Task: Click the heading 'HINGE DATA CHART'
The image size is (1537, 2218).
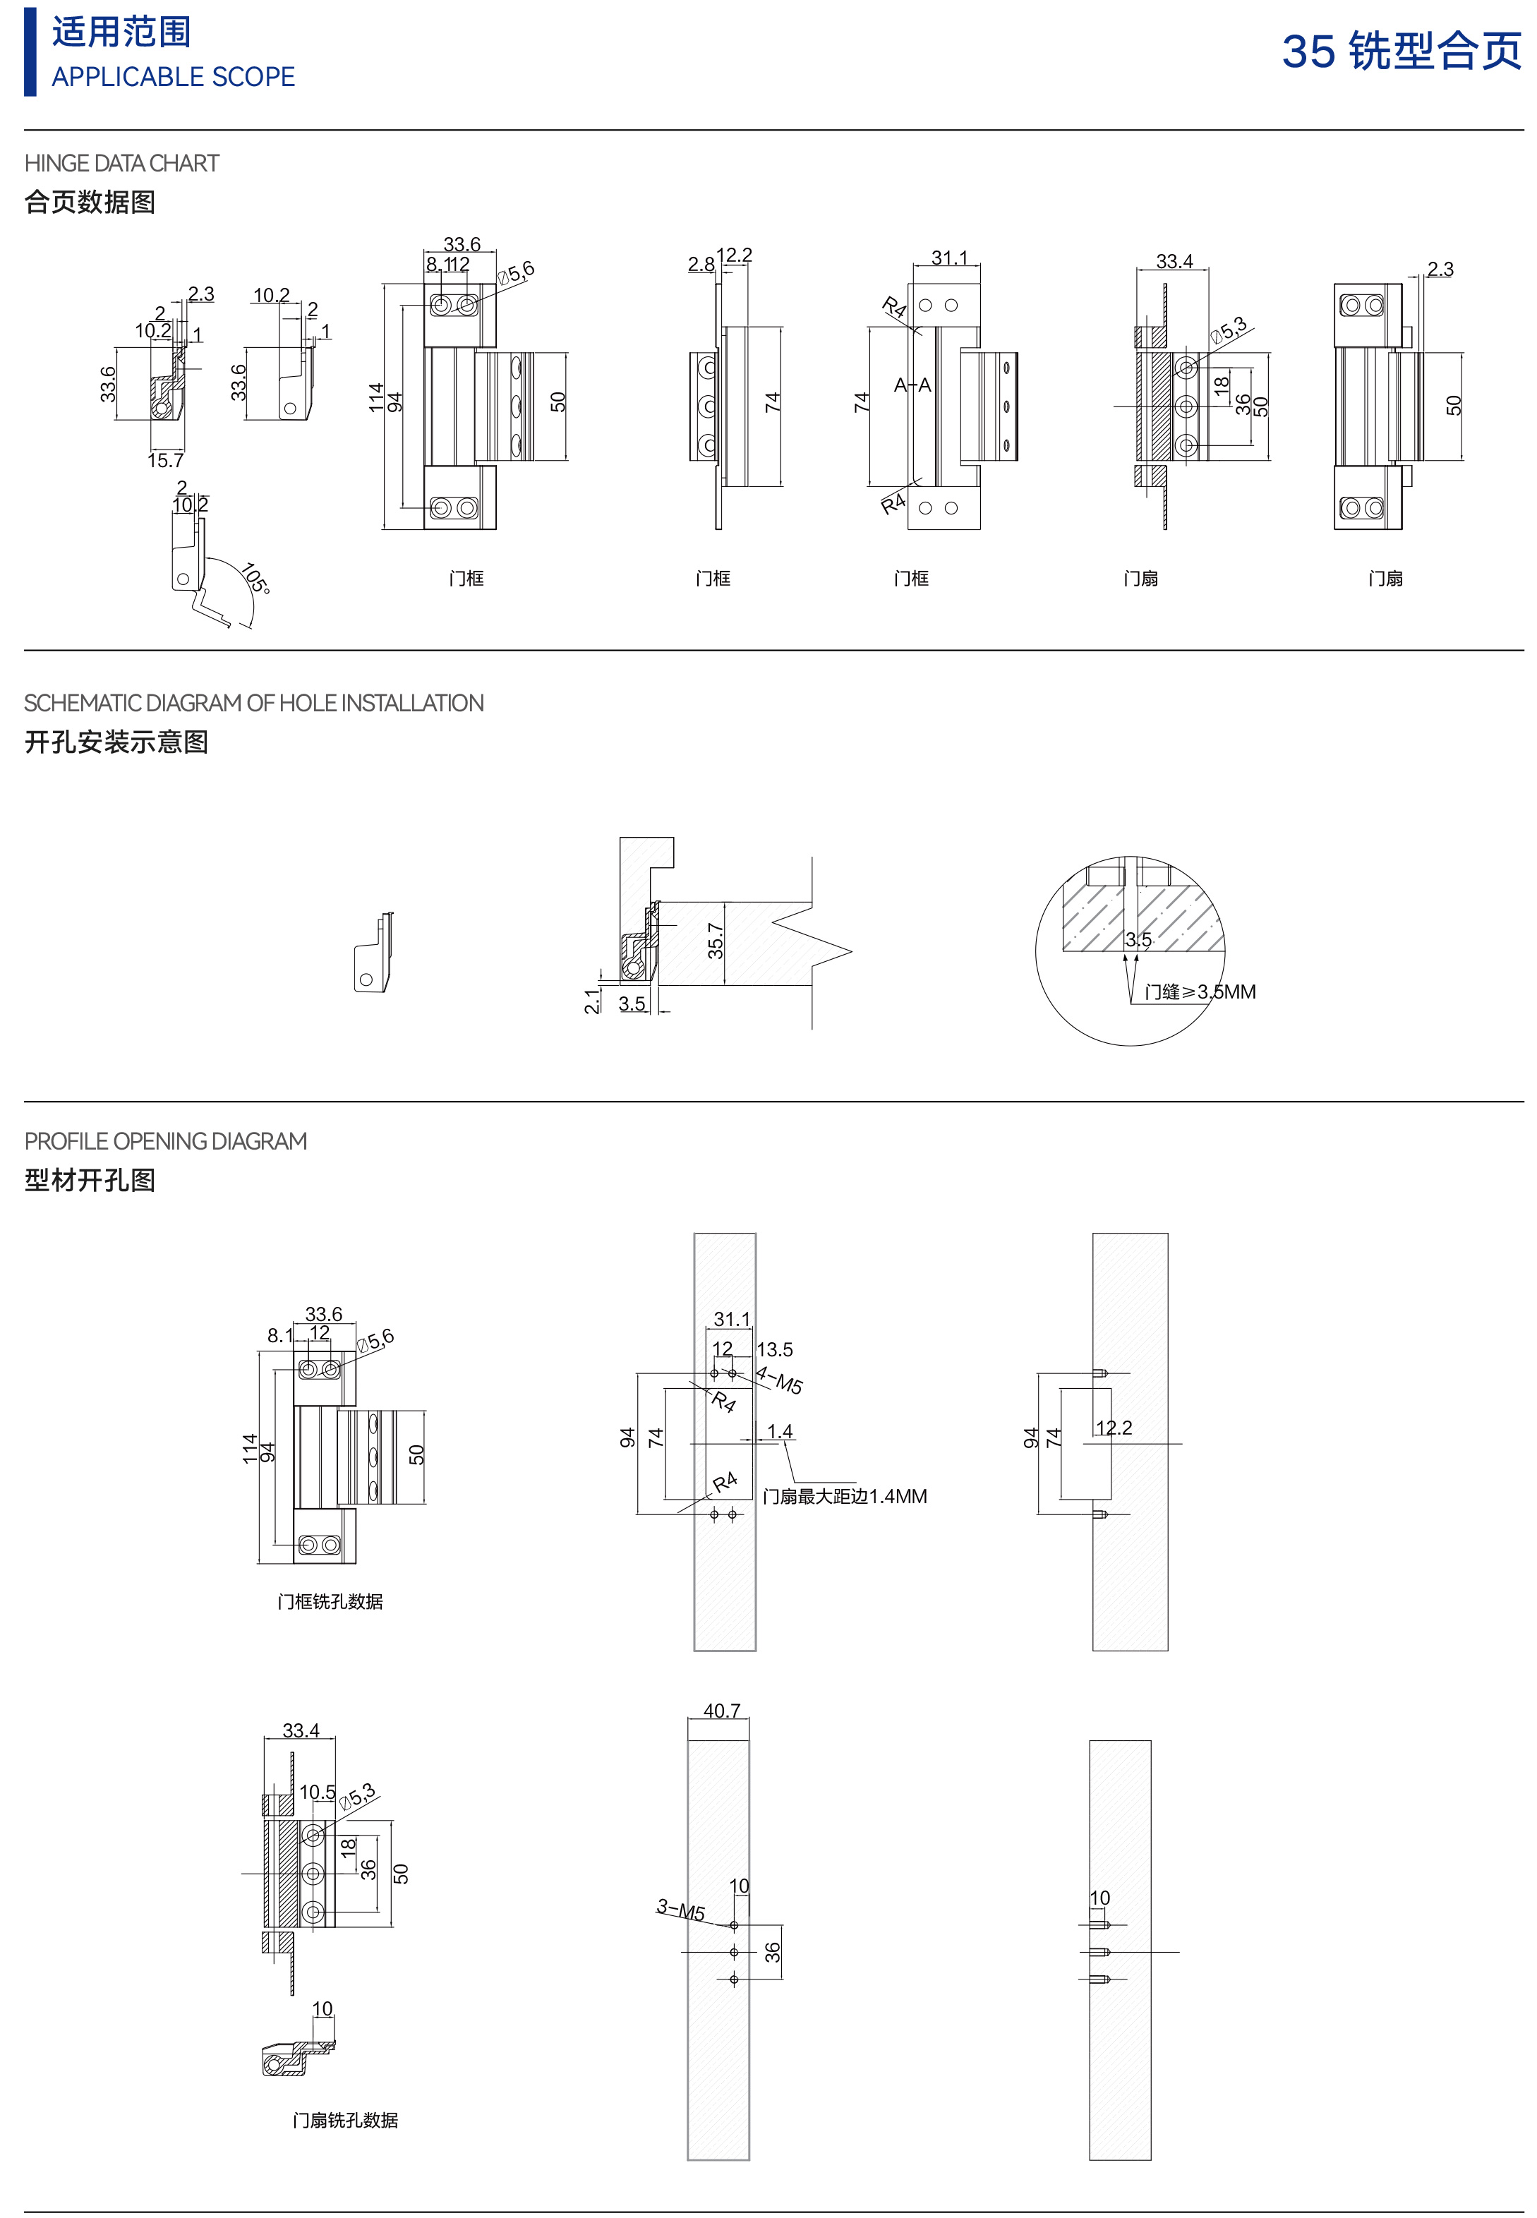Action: [121, 164]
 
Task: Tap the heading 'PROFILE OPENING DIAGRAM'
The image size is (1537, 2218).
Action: [166, 1141]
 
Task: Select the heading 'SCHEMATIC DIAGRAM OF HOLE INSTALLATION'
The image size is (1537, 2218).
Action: [253, 703]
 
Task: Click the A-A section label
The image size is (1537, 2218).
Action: [912, 385]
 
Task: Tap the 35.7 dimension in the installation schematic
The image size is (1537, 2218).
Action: [716, 941]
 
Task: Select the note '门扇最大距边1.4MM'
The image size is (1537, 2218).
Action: [845, 1497]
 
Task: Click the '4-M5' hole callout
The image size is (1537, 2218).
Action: [779, 1379]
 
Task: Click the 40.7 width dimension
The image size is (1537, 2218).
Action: [721, 1711]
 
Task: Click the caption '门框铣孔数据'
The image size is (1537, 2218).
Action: [330, 1602]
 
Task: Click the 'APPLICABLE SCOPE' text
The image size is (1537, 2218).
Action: [174, 77]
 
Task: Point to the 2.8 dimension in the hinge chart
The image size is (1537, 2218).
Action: [701, 264]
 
